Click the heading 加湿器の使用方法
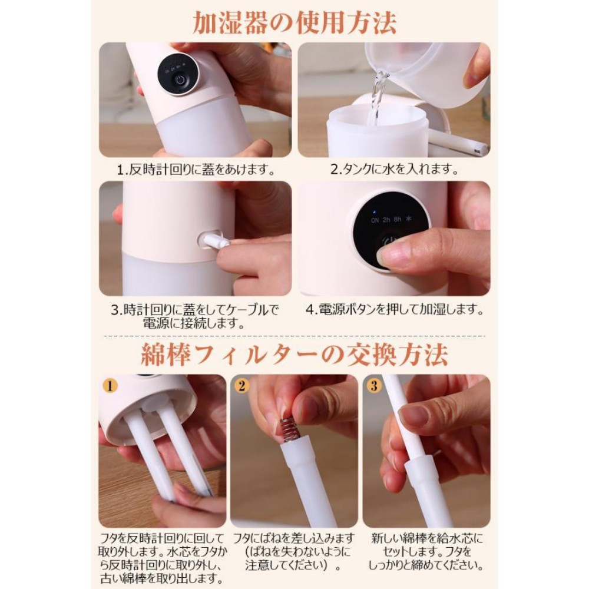[294, 22]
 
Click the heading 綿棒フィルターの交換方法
[294, 354]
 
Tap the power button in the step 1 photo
[180, 80]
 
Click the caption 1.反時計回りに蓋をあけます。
[196, 170]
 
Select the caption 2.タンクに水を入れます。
[395, 169]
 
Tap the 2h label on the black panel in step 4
[386, 220]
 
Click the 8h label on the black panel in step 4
[398, 219]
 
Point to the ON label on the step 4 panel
[375, 220]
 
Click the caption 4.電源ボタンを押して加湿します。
[395, 310]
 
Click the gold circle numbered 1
[110, 386]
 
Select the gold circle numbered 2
[241, 386]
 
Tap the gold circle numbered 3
[374, 386]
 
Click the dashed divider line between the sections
[294, 336]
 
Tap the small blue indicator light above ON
[374, 212]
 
